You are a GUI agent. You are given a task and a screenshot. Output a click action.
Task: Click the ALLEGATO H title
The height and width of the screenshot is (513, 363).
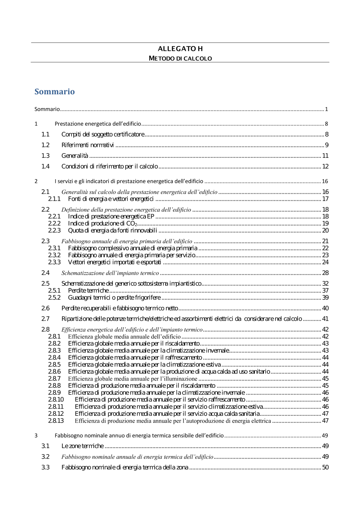pos(180,49)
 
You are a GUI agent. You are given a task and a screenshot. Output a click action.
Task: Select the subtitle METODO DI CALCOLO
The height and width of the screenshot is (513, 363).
pos(180,58)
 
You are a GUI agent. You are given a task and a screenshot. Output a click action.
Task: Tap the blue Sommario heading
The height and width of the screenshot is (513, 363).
pos(54,91)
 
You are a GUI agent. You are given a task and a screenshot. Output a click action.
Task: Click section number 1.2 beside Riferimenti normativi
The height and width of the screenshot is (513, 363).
pos(45,145)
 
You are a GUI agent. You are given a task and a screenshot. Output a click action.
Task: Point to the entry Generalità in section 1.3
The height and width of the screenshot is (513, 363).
pos(75,156)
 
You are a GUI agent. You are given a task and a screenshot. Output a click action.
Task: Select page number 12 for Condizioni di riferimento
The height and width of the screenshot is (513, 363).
pos(325,167)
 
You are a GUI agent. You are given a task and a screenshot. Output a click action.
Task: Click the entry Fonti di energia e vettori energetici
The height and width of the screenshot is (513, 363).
pos(111,199)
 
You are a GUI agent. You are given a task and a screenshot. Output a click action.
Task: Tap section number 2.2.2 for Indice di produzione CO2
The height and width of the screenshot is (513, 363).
pos(54,223)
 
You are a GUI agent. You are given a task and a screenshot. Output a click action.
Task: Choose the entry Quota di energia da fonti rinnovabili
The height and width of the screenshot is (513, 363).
pos(113,230)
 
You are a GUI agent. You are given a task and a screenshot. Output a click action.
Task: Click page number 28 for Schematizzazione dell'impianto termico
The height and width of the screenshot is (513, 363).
pos(325,273)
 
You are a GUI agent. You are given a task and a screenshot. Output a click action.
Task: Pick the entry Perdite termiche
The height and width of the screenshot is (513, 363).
pos(88,291)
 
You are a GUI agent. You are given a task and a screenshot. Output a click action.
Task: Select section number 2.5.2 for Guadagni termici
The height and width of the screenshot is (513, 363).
pos(54,297)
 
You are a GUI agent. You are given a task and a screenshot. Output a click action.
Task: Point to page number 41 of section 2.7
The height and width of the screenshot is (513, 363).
pos(325,319)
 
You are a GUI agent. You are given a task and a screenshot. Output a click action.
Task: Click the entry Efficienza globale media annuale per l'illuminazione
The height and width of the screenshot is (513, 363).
pos(132,379)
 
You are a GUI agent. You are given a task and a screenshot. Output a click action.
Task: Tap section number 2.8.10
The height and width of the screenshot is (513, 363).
pos(56,399)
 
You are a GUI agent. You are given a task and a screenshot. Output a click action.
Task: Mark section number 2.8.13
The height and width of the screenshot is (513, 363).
pos(56,421)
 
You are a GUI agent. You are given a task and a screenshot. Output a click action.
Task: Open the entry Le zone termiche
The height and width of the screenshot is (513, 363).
pos(82,446)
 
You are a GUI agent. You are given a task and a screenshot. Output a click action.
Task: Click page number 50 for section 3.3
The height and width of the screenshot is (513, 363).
pos(325,467)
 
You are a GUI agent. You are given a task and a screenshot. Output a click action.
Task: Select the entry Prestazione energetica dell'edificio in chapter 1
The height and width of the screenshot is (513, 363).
pos(98,124)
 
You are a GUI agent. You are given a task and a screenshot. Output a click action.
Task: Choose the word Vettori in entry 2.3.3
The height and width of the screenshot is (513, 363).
pos(77,262)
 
